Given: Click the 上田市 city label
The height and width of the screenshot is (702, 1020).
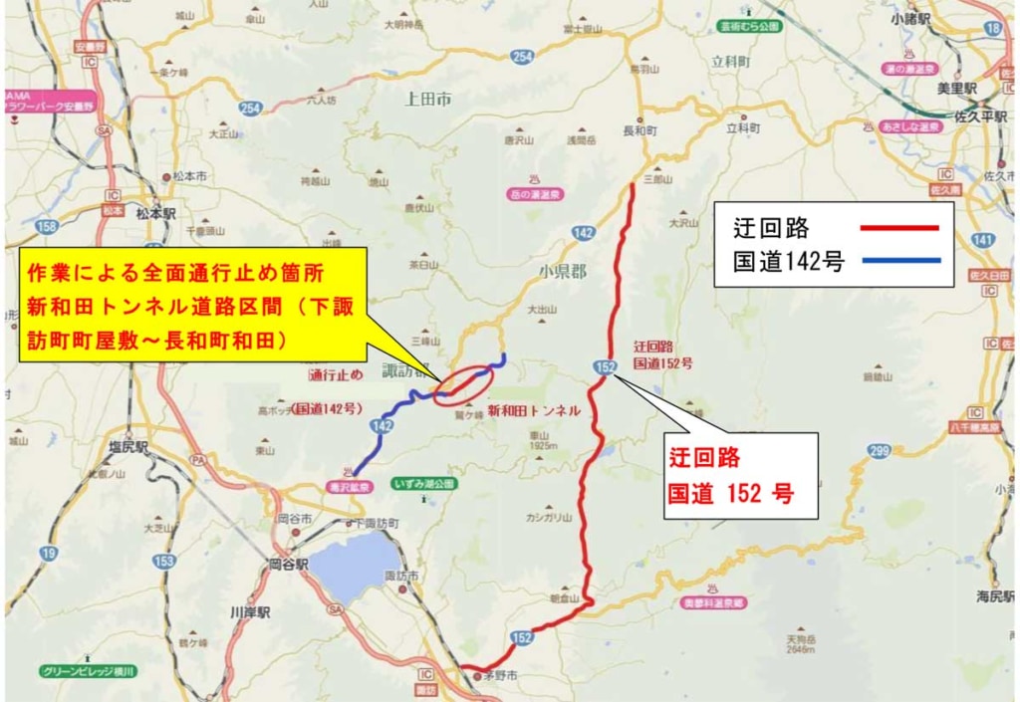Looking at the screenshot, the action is (427, 99).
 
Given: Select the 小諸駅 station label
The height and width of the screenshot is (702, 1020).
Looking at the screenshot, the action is (938, 18).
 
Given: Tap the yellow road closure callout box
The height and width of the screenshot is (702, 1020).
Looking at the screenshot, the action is (193, 306).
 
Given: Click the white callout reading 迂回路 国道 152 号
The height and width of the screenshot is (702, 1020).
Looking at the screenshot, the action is (741, 475).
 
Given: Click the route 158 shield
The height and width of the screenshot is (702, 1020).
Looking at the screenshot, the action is (46, 226).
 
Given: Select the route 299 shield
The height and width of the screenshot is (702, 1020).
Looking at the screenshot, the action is (878, 452).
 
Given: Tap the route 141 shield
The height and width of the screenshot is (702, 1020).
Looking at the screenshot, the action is (983, 240).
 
